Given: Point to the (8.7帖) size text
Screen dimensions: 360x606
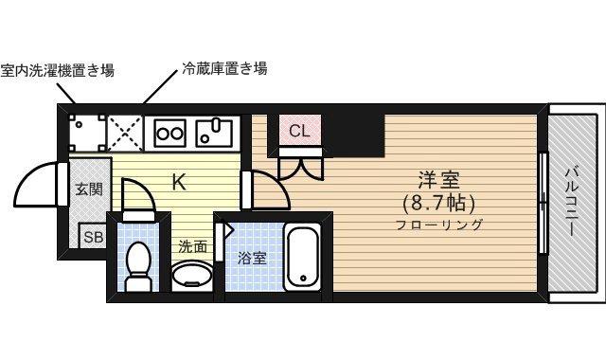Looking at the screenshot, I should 438,202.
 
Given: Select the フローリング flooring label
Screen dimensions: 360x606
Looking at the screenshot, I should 438,225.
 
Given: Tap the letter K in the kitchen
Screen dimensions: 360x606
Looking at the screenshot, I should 178,182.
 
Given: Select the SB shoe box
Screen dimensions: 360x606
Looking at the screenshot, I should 92,237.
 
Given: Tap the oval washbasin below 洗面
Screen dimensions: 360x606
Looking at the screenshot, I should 192,275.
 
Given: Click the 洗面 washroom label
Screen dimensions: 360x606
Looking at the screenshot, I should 193,245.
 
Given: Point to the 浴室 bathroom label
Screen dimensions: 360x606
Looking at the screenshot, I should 251,257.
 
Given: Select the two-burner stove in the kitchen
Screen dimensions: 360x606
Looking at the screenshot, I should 170,133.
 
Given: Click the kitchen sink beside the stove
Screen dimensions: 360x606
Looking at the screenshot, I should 215,132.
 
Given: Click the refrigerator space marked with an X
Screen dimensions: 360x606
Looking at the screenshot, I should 124,132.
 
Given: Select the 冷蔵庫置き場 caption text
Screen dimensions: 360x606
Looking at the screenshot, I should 224,68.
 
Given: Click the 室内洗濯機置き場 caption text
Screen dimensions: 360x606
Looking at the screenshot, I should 59,69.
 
